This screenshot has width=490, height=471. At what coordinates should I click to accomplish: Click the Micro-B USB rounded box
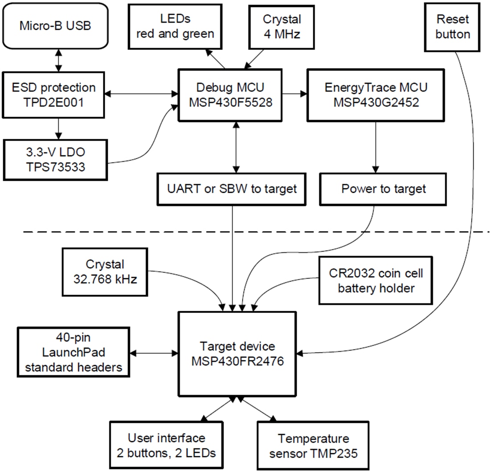[55, 25]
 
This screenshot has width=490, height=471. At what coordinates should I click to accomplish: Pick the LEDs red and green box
[175, 26]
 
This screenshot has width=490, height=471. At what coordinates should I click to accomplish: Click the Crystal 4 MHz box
[282, 26]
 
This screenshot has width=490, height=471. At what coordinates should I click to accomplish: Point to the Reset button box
[453, 27]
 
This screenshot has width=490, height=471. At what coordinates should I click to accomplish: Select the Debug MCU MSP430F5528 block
[231, 95]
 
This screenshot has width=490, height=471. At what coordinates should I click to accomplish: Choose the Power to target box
[383, 189]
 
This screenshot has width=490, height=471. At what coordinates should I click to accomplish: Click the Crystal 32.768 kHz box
[105, 272]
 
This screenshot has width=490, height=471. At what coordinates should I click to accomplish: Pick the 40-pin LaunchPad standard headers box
[73, 353]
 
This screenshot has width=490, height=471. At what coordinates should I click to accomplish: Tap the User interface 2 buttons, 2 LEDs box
[166, 445]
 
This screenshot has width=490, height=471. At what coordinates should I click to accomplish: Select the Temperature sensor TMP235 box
[313, 445]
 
